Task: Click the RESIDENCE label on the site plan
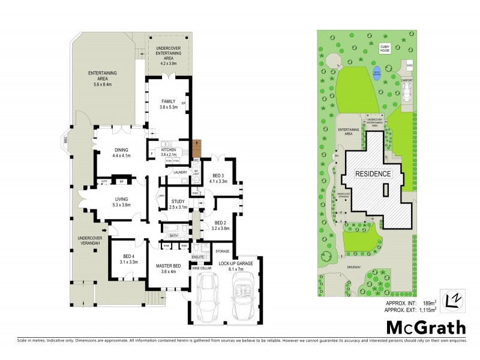[x=374, y=174]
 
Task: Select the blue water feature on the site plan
[x=377, y=73]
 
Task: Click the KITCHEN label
[x=167, y=149]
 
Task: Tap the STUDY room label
[x=178, y=201]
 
